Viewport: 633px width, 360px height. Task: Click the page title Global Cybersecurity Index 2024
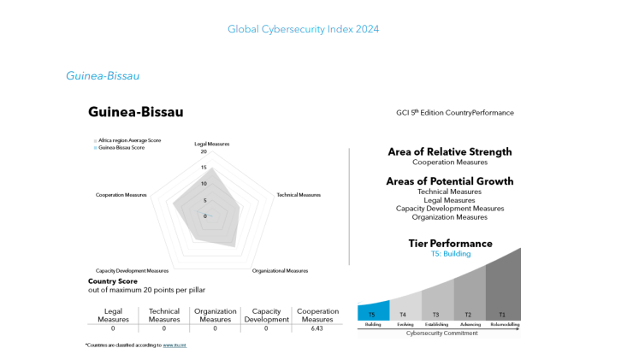pyautogui.click(x=303, y=29)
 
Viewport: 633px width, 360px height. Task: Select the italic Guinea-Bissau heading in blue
pyautogui.click(x=103, y=76)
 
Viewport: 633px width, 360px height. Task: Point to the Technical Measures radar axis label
pyautogui.click(x=299, y=195)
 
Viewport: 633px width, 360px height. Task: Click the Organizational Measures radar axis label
pyautogui.click(x=280, y=271)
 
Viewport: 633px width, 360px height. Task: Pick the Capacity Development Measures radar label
pyautogui.click(x=132, y=271)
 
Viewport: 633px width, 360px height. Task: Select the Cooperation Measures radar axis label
pyautogui.click(x=121, y=195)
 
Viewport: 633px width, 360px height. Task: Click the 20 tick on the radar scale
pyautogui.click(x=204, y=152)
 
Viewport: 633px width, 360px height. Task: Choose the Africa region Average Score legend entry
pyautogui.click(x=128, y=140)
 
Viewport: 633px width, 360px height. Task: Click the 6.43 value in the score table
pyautogui.click(x=317, y=328)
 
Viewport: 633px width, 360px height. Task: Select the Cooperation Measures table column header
pyautogui.click(x=317, y=316)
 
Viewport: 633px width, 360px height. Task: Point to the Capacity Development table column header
pyautogui.click(x=266, y=316)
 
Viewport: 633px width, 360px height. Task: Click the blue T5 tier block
pyautogui.click(x=373, y=314)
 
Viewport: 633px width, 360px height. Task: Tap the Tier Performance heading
pyautogui.click(x=450, y=244)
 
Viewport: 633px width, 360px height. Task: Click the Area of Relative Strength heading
pyautogui.click(x=450, y=151)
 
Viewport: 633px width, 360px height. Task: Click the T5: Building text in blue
pyautogui.click(x=450, y=254)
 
